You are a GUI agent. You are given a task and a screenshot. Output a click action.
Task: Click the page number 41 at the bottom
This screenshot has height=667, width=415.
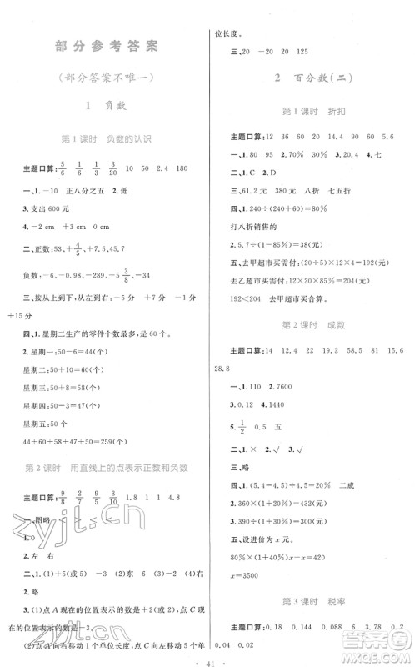point(208,654)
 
